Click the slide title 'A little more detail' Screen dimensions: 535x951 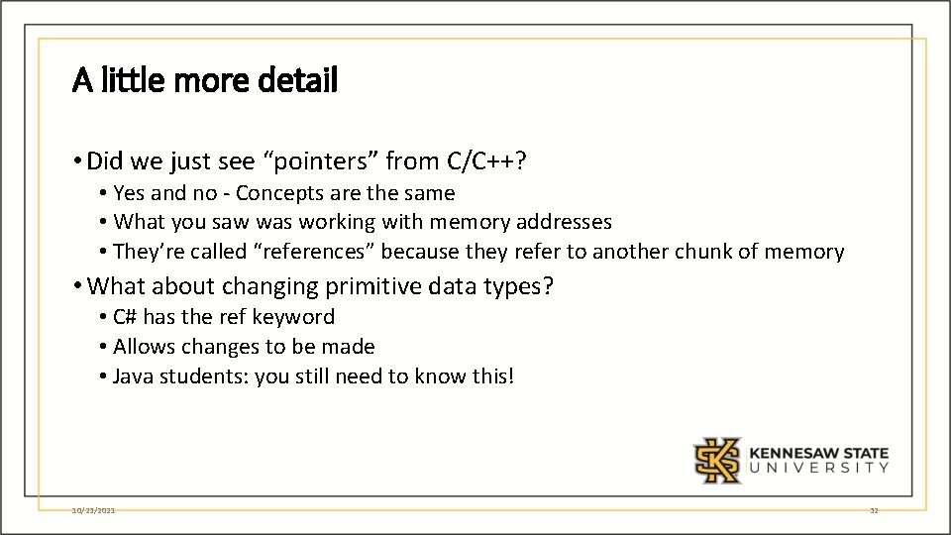pos(205,80)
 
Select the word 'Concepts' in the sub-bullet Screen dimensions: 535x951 pos(276,193)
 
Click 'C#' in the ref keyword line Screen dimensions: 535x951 pos(125,317)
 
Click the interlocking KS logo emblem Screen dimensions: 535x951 pos(717,460)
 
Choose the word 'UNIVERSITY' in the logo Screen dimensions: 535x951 pos(819,468)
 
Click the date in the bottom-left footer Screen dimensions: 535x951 pos(94,510)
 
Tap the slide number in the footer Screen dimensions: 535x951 pos(874,510)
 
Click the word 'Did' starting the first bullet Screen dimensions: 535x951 pos(104,160)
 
